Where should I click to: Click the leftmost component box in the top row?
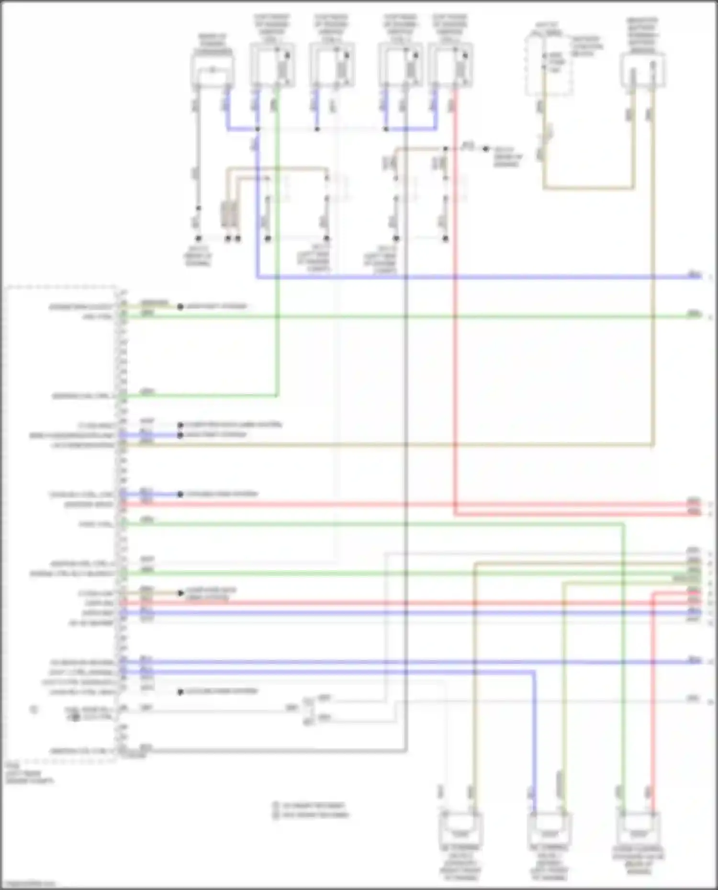pyautogui.click(x=213, y=70)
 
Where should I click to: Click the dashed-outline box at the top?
pyautogui.click(x=549, y=65)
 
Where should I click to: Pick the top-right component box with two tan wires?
pyautogui.click(x=642, y=70)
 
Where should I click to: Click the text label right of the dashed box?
pyautogui.click(x=587, y=46)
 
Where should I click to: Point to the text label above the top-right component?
pyautogui.click(x=642, y=35)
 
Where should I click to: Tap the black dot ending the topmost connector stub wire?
pyautogui.click(x=180, y=307)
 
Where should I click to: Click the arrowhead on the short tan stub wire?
pyautogui.click(x=181, y=593)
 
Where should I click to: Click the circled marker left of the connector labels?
pyautogui.click(x=34, y=710)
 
